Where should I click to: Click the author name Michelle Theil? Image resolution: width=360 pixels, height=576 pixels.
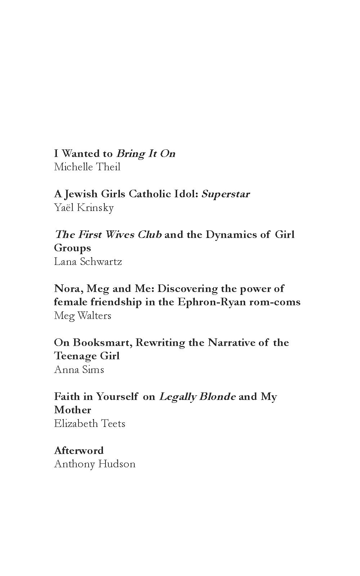pos(87,167)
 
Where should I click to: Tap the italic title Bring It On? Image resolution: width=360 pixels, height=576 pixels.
pos(146,154)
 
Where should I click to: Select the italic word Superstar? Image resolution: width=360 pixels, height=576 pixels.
pos(225,194)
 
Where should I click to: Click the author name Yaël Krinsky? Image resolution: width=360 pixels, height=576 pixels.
pos(84,208)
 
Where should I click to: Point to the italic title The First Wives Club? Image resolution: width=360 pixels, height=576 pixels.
pos(108,235)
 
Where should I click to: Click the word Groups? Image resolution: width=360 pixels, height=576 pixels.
pos(72,248)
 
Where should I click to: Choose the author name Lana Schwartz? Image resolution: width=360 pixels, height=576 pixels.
pos(88,261)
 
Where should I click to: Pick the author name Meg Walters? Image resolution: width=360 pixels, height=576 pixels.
pos(82,316)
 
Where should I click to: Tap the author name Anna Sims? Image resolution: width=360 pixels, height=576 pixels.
pos(79,370)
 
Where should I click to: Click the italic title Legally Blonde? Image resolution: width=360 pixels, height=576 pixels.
pos(197,397)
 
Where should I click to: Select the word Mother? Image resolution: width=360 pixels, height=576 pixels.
pos(72,410)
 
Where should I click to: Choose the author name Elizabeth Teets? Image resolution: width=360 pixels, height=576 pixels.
pos(90,424)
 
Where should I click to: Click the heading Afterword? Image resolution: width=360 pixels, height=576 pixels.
pos(79,451)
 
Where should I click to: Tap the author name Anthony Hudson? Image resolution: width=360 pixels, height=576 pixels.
pos(95,464)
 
